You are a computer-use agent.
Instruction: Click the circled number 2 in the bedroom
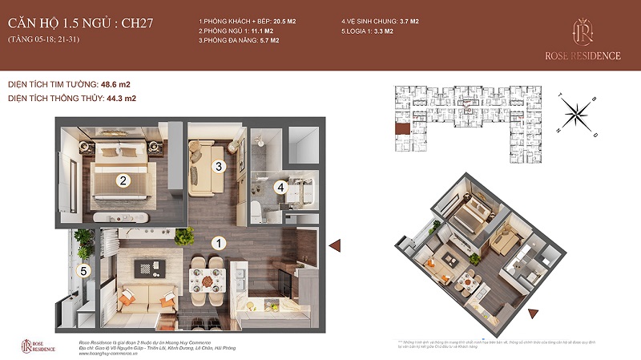(123, 180)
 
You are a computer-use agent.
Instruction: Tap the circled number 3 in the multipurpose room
(217, 166)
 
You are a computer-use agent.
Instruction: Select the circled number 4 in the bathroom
(280, 188)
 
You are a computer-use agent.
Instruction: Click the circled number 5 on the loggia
(82, 271)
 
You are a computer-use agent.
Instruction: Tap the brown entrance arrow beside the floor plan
(337, 245)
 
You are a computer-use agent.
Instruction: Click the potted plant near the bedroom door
(186, 237)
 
